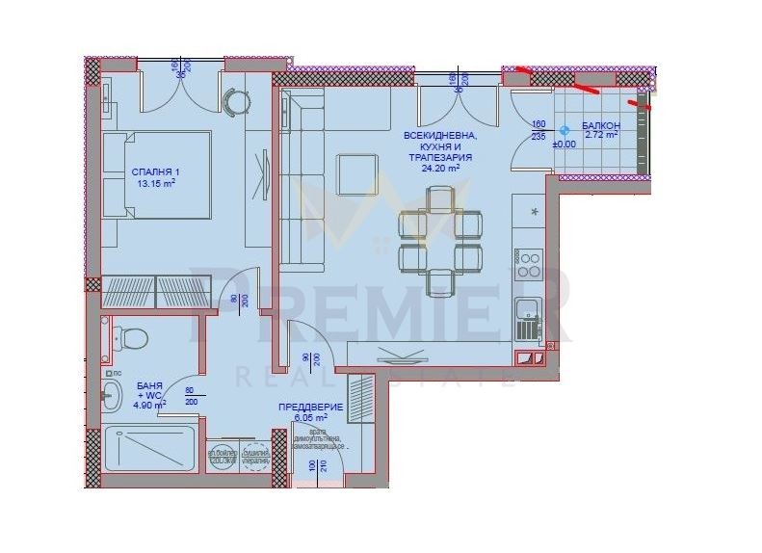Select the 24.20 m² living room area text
(440, 169)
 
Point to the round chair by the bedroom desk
(237, 101)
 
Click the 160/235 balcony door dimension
(539, 130)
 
